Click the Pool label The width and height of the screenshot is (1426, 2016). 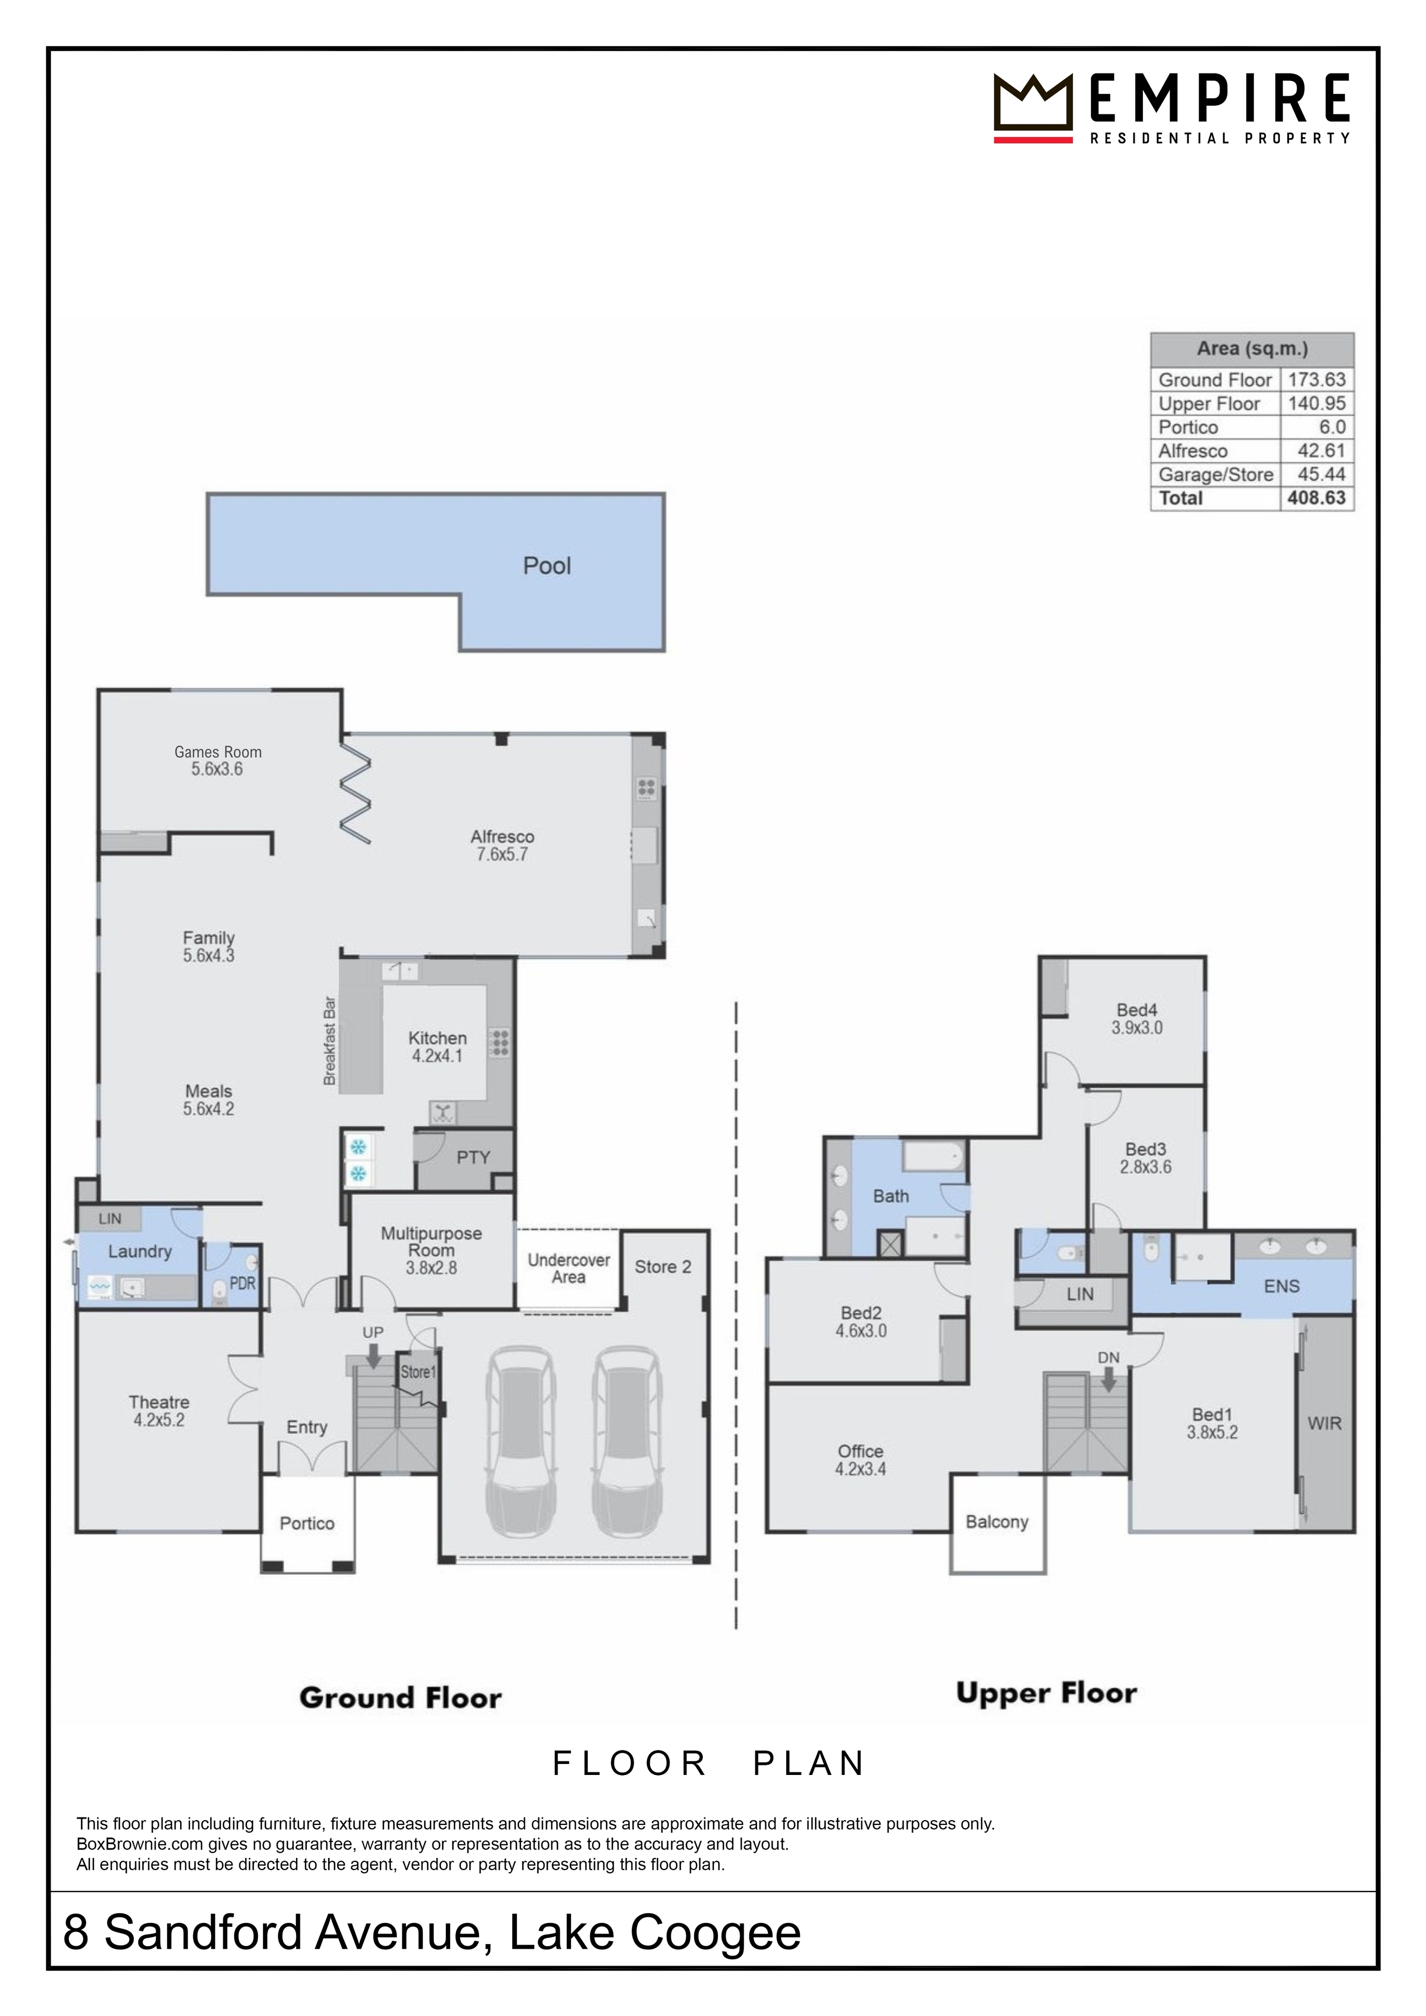pyautogui.click(x=547, y=566)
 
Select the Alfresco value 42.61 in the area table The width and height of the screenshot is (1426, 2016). pyautogui.click(x=1321, y=451)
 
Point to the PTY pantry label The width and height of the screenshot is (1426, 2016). pyautogui.click(x=473, y=1157)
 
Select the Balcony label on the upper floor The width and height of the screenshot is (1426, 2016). pyautogui.click(x=996, y=1522)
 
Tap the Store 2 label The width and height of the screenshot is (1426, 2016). pyautogui.click(x=663, y=1267)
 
